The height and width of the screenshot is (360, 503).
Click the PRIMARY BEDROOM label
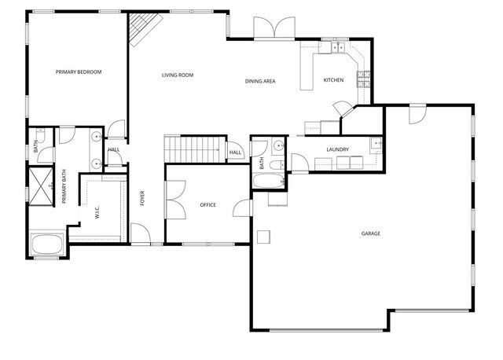tap(79, 72)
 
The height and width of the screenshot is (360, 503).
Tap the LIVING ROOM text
tap(178, 75)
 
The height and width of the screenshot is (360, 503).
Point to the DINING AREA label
tap(259, 80)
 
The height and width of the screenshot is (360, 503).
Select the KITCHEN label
tap(334, 80)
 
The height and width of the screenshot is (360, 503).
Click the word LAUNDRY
tap(338, 149)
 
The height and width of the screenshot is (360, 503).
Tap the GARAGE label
tap(370, 233)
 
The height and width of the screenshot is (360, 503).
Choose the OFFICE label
tap(207, 205)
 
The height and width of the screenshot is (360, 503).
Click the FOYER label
tap(143, 197)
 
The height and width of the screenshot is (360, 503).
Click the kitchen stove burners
tap(364, 77)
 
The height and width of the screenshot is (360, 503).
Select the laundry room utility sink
tap(376, 143)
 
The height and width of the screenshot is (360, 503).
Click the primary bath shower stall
tap(39, 184)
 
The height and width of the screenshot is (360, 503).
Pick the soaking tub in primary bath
tap(48, 244)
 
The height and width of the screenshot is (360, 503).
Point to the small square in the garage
tap(265, 234)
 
